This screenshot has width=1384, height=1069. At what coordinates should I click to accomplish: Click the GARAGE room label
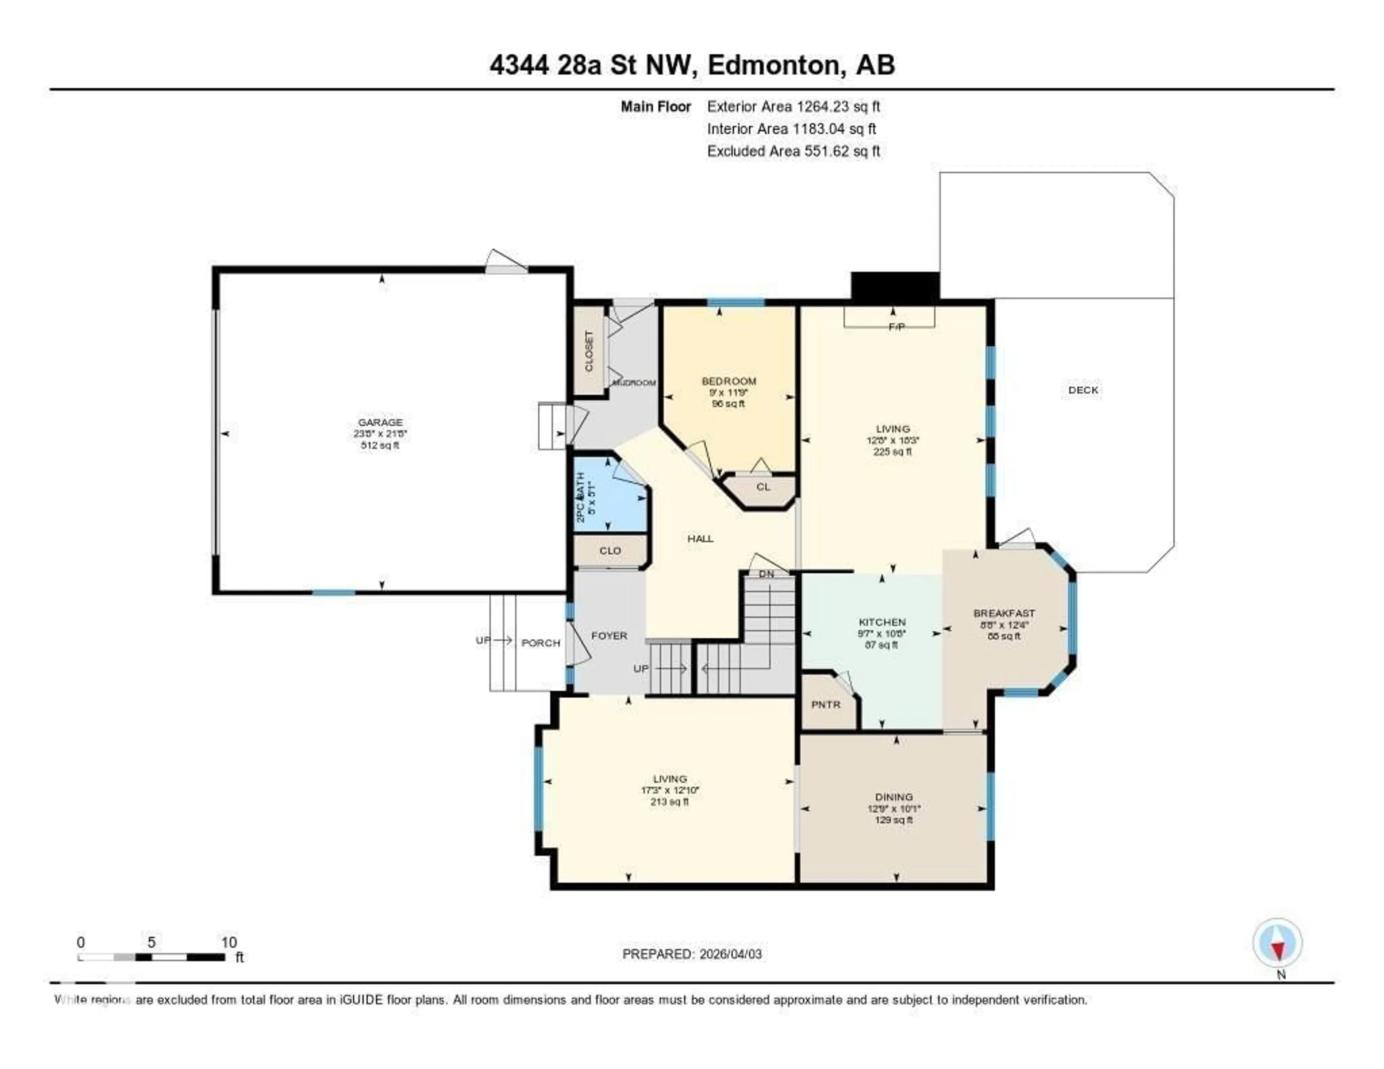380,422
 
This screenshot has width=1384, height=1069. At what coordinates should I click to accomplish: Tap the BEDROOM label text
729,381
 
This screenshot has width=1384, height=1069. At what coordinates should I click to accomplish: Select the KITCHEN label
882,622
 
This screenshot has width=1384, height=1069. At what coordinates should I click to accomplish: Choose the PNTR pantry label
826,704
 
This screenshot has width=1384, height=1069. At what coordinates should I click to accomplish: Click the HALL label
700,538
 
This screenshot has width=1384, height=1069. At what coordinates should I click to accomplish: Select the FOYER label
609,635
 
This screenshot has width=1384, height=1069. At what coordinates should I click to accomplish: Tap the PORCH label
541,643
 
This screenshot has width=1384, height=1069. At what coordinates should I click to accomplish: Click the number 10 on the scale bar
229,942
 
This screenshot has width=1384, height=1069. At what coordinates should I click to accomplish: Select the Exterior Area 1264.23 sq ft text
793,106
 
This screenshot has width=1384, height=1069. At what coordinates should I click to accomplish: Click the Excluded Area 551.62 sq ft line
793,151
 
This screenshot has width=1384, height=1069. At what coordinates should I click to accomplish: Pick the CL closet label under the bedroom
763,487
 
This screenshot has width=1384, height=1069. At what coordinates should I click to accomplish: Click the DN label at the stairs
766,573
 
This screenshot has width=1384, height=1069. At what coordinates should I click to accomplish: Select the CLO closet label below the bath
609,551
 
